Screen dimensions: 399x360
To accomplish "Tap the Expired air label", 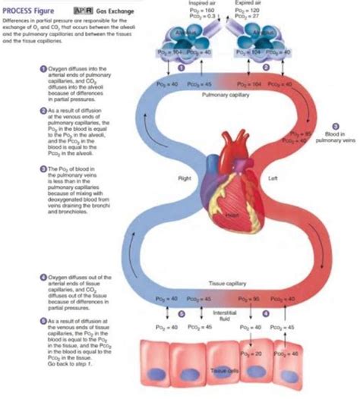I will pyautogui.click(x=248, y=4).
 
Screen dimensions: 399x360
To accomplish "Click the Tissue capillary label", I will pyautogui.click(x=223, y=283).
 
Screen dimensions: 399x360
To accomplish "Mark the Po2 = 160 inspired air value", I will pyautogui.click(x=199, y=10).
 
